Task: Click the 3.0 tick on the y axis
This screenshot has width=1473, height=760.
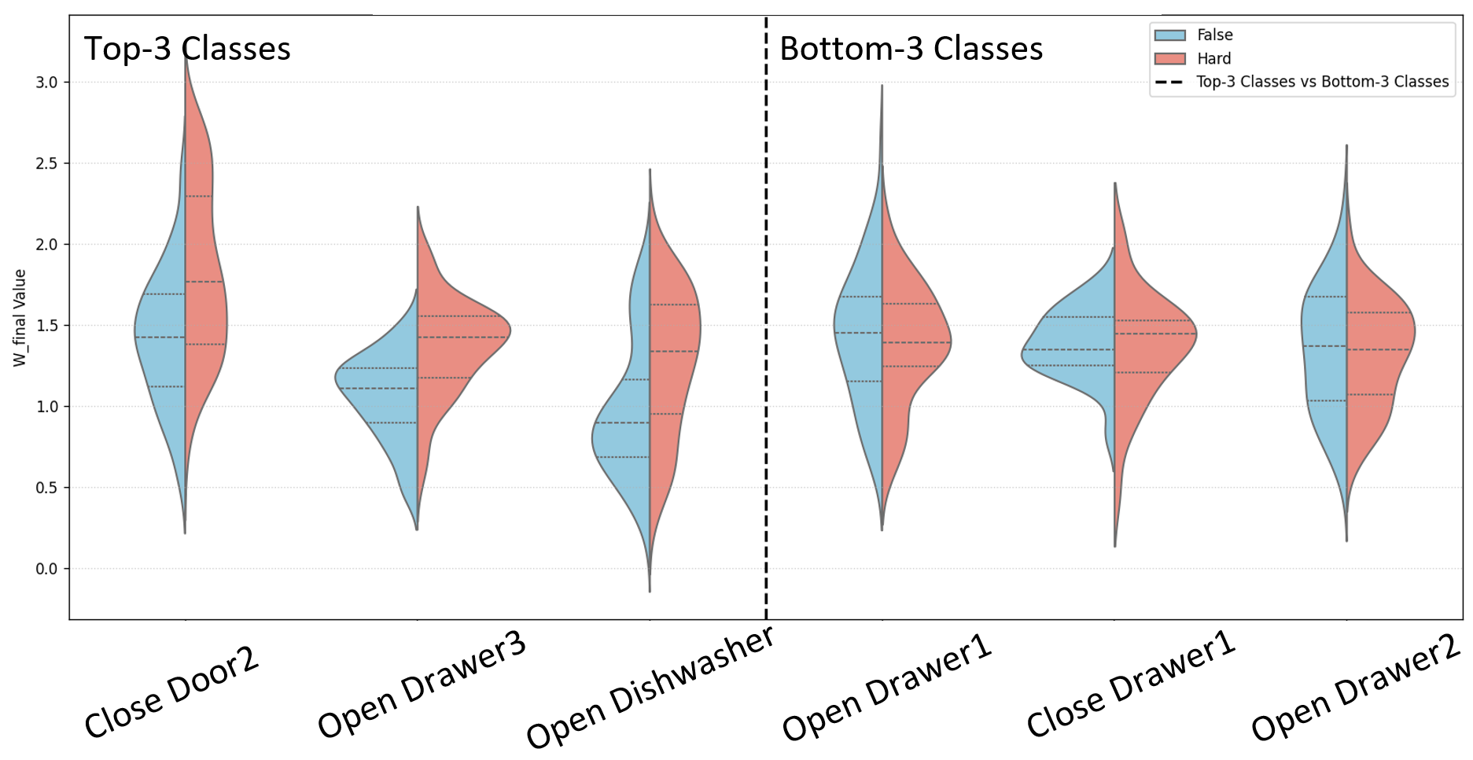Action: [48, 83]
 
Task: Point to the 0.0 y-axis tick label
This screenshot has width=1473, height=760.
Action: [48, 569]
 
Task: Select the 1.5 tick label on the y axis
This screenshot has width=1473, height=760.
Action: [48, 326]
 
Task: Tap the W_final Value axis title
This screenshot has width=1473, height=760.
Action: [20, 318]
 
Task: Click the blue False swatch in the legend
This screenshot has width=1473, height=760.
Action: [1169, 35]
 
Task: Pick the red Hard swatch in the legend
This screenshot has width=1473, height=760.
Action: [1169, 59]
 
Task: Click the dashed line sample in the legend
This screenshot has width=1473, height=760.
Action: [1169, 82]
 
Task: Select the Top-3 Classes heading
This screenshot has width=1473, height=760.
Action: [187, 49]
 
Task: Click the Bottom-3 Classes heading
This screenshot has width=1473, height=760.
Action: [911, 49]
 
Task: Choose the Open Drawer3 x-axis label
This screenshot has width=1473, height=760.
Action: [422, 684]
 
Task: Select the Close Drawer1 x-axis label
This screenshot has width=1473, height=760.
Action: [1131, 684]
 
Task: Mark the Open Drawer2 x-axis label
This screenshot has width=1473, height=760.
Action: [1356, 688]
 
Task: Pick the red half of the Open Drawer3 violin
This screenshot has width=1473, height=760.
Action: [460, 338]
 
